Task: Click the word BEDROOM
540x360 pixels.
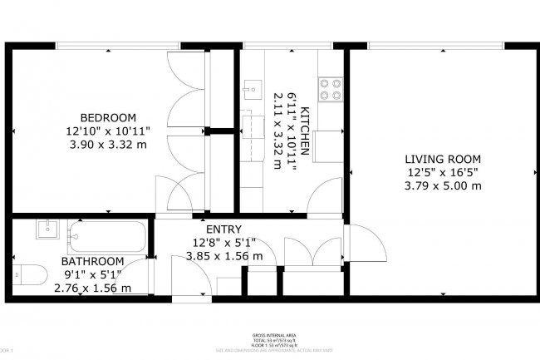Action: [x=107, y=116]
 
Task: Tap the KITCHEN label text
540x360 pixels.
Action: [x=305, y=132]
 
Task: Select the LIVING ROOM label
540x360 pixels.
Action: [x=443, y=159]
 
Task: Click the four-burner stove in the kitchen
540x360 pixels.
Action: [x=330, y=88]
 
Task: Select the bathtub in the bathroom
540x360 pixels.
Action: [x=108, y=236]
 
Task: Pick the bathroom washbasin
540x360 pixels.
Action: [x=47, y=229]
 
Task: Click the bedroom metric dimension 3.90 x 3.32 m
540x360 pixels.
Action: [x=107, y=144]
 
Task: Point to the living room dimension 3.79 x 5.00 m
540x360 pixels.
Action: [x=443, y=185]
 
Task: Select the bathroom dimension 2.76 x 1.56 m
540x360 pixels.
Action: [x=92, y=288]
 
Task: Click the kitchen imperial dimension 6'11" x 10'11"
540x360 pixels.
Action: [x=292, y=131]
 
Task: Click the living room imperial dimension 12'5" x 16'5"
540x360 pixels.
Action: [x=443, y=172]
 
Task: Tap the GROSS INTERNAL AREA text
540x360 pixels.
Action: [x=269, y=335]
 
